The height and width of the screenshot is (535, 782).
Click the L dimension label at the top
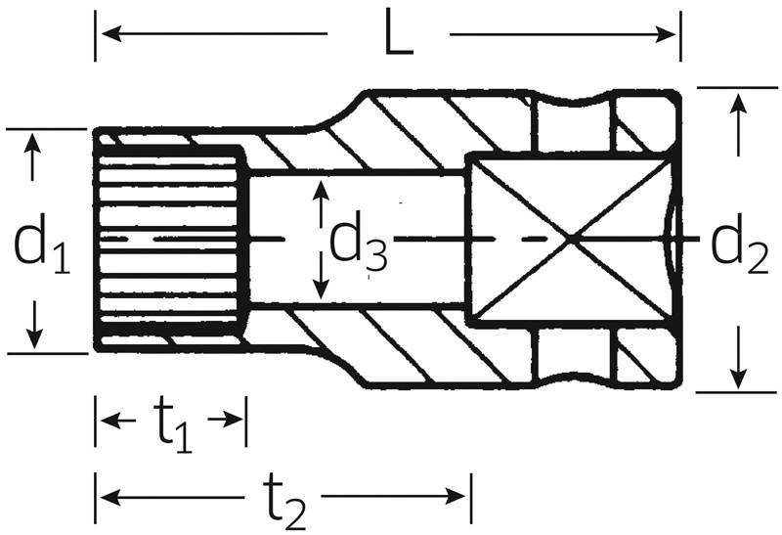[x=399, y=33]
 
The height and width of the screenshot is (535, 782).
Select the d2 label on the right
[x=739, y=245]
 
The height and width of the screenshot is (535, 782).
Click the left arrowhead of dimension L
[x=111, y=34]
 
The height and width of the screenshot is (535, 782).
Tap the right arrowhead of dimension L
[x=666, y=34]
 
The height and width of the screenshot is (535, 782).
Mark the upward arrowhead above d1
[x=33, y=143]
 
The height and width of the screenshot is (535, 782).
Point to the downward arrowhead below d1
[x=34, y=337]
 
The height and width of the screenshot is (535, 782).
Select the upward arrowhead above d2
[x=738, y=105]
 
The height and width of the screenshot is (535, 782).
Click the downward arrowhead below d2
[x=738, y=378]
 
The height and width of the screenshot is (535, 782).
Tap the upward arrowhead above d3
[x=323, y=191]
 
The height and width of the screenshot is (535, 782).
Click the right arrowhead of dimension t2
[x=456, y=496]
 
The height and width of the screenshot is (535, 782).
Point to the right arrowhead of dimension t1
[x=232, y=420]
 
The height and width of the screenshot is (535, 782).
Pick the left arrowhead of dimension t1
[x=111, y=421]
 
